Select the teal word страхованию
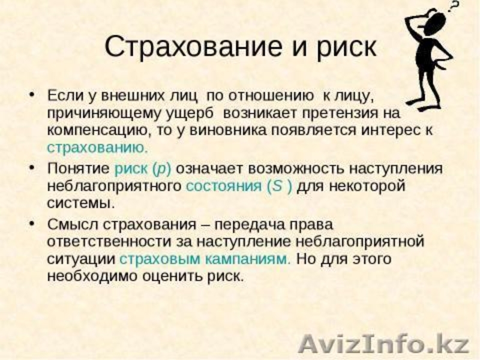pyautogui.click(x=97, y=146)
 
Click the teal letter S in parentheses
pyautogui.click(x=277, y=185)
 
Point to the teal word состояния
pyautogui.click(x=223, y=185)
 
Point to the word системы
pyautogui.click(x=80, y=202)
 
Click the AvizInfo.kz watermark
pyautogui.click(x=384, y=344)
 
